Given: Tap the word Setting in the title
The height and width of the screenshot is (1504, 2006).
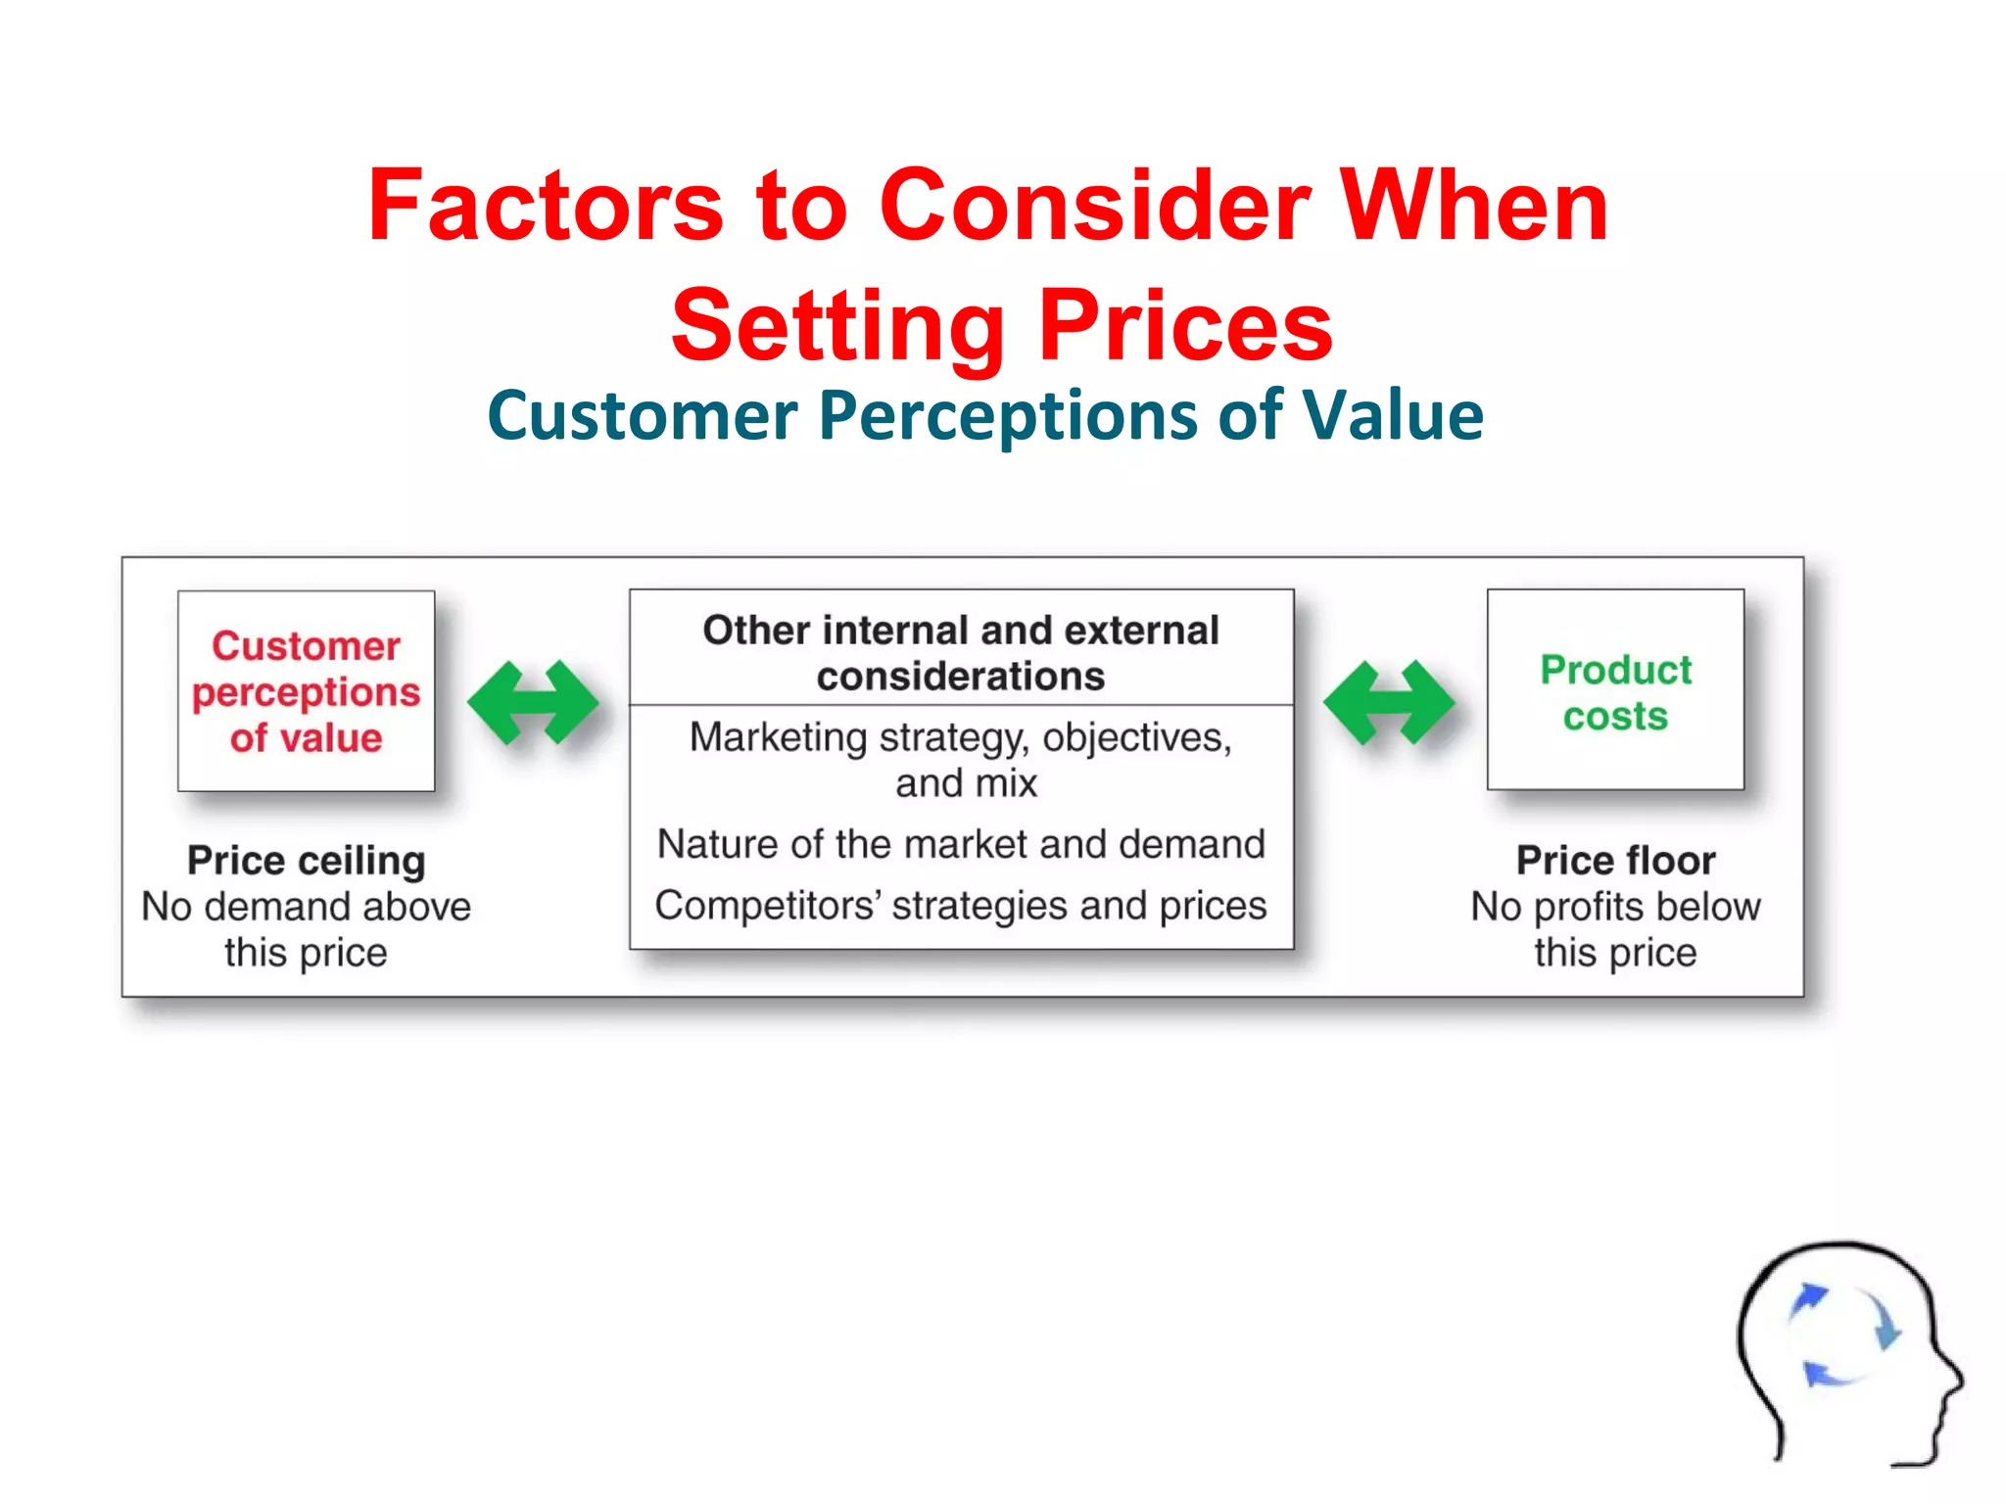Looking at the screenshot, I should [x=837, y=326].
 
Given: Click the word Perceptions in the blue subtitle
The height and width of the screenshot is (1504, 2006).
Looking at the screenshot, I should [x=1008, y=416].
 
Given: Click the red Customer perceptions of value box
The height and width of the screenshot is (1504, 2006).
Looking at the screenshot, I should [x=306, y=691].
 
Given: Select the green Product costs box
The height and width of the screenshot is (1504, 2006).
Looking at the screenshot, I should [x=1615, y=691].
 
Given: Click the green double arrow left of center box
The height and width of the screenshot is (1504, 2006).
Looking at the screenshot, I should [x=533, y=702].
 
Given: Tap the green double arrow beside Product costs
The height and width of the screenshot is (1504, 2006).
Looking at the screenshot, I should [x=1389, y=702].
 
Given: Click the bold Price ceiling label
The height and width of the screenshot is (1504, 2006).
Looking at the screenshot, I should [x=306, y=861].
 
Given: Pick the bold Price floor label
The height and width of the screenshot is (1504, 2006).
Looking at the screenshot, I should [x=1615, y=861].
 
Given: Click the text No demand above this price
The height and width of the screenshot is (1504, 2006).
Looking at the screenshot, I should [x=306, y=929].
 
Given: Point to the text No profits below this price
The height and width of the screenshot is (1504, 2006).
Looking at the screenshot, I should [x=1615, y=929].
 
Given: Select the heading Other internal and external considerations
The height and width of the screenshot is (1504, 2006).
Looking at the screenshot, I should [x=961, y=652].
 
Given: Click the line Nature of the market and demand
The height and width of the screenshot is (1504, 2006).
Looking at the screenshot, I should [x=961, y=844].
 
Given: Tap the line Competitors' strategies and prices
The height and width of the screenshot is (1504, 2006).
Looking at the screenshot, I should [x=961, y=906].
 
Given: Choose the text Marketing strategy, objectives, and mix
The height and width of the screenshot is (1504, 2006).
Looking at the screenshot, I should [x=961, y=760].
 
